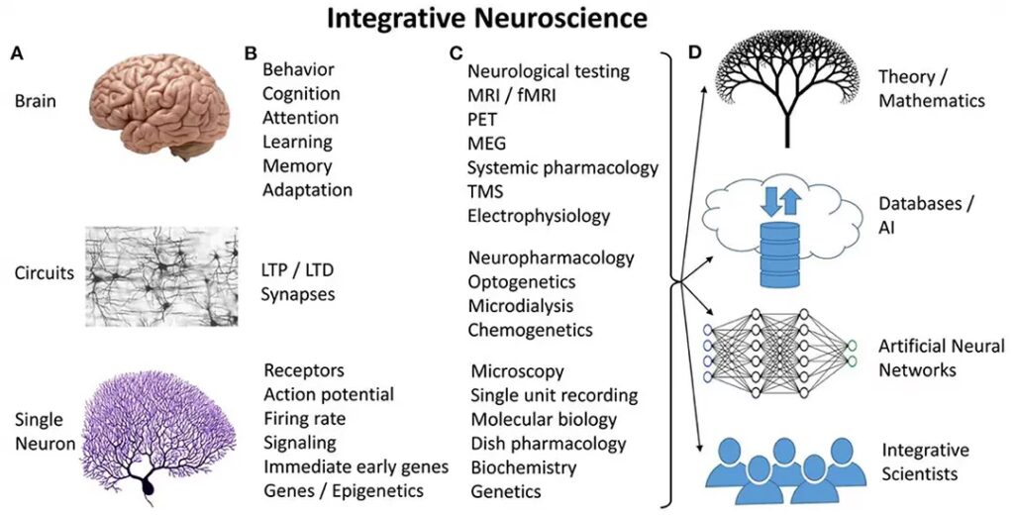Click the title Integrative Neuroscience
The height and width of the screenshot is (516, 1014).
click(487, 18)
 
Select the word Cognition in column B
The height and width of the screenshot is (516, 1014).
click(301, 94)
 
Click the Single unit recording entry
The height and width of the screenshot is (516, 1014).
click(555, 395)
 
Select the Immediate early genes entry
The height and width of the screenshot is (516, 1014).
click(356, 466)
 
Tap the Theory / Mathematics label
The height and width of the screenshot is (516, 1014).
click(932, 88)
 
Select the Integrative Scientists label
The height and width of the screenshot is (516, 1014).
click(924, 463)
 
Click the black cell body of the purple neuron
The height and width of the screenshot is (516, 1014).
click(151, 486)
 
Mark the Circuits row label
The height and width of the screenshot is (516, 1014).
click(45, 273)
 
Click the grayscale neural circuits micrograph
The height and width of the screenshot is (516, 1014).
click(161, 276)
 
